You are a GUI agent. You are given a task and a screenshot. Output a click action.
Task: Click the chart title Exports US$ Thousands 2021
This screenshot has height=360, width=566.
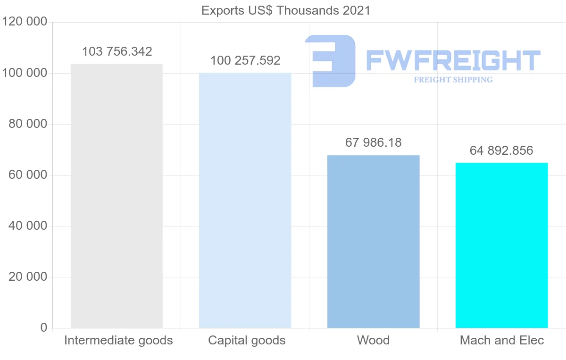[x=286, y=10]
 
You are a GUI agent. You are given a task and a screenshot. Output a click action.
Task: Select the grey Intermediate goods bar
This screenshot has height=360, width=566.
[x=117, y=196]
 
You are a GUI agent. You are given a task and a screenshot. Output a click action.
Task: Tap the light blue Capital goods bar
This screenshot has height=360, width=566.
[x=245, y=200]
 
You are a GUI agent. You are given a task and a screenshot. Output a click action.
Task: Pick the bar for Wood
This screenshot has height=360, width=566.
[x=373, y=241]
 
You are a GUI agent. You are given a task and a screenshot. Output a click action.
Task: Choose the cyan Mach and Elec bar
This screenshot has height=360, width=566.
[x=501, y=245]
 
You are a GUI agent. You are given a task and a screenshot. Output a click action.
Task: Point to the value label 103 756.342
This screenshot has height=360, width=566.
[x=117, y=51]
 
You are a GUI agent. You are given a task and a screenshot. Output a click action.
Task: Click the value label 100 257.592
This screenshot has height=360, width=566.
[x=245, y=60]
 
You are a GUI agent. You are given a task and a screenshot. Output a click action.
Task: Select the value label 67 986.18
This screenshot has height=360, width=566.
[x=373, y=142]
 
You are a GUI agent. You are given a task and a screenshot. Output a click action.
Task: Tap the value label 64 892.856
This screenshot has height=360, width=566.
[x=501, y=151]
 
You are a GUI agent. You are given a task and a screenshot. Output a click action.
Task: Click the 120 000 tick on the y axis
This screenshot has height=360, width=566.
[x=25, y=22]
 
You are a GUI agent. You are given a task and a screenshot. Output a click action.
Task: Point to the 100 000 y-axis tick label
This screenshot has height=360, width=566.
[x=25, y=73]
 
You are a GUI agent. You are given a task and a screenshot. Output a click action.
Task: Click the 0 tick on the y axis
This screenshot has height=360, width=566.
[x=44, y=327]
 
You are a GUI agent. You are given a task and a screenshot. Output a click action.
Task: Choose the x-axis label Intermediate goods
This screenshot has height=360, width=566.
[x=118, y=340]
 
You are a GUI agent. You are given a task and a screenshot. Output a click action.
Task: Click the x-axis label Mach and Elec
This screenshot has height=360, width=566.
[x=502, y=340]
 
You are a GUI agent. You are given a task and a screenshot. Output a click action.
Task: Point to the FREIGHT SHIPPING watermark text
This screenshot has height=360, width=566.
[x=453, y=80]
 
